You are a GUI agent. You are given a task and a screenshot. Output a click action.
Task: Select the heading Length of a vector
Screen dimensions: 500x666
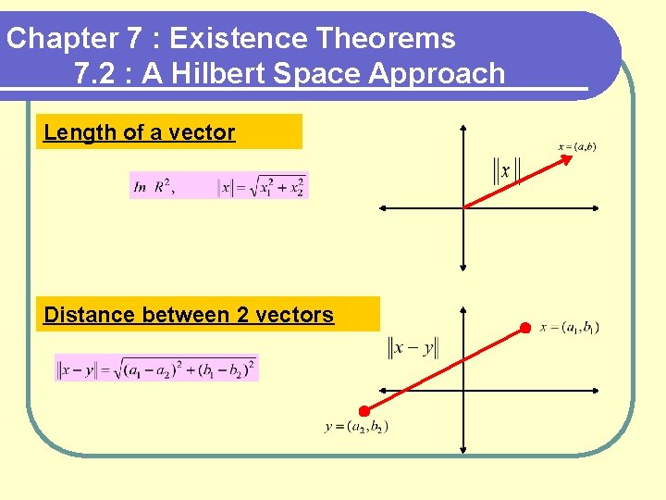140,132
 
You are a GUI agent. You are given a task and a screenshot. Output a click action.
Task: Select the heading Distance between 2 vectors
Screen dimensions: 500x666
189,315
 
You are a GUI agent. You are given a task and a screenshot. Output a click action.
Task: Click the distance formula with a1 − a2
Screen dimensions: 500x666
156,369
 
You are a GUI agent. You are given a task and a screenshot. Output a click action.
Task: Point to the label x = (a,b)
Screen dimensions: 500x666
576,146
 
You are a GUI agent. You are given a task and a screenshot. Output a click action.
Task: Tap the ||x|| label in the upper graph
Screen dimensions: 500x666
506,172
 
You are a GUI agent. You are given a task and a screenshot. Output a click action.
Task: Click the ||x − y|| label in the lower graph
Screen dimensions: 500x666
413,348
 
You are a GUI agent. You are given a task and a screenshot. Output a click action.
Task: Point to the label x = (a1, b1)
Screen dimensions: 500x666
569,328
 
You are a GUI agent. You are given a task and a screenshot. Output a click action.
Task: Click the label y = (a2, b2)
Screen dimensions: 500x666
357,427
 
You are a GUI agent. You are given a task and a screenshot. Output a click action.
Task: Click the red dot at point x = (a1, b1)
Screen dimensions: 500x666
525,328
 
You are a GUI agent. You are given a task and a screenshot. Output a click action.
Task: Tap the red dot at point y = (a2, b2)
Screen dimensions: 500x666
364,411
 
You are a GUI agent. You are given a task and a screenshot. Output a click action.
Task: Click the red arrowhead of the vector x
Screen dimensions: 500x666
567,160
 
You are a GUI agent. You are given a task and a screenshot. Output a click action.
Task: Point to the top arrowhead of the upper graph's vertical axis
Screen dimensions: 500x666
463,128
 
